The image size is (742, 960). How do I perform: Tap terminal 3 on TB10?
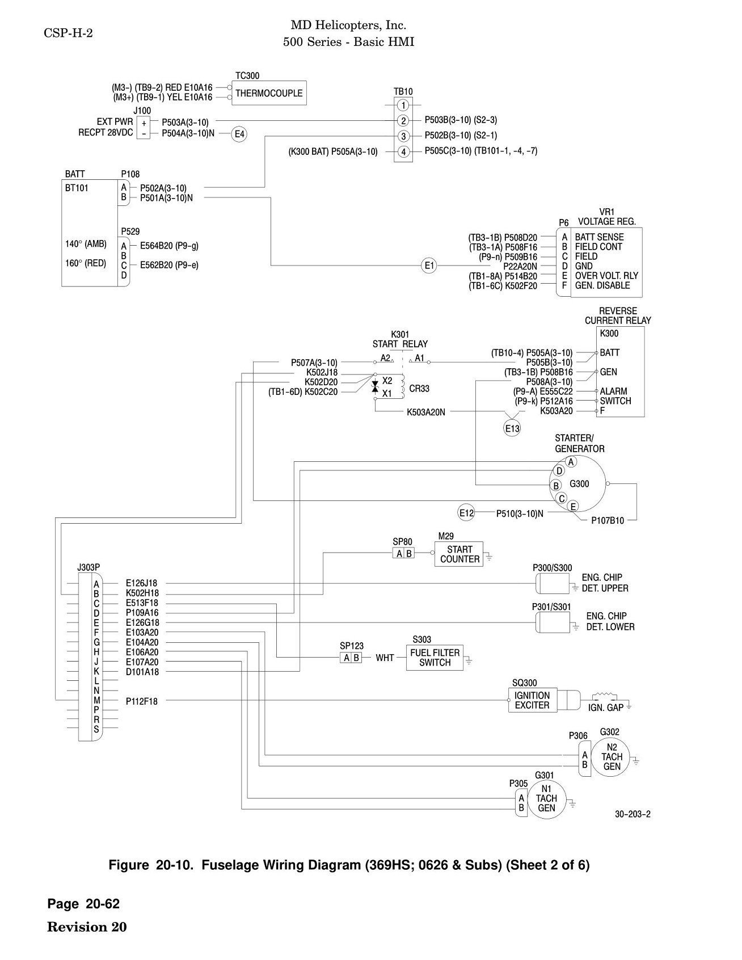pyautogui.click(x=403, y=136)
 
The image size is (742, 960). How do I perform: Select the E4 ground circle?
pyautogui.click(x=240, y=134)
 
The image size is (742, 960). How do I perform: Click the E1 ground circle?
pyautogui.click(x=429, y=265)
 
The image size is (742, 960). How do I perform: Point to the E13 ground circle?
pyautogui.click(x=512, y=428)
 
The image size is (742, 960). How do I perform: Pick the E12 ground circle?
pyautogui.click(x=466, y=513)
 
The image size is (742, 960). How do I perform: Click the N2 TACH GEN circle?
pyautogui.click(x=612, y=757)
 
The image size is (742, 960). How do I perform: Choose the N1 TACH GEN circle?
pyautogui.click(x=546, y=798)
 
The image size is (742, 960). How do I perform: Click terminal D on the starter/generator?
pyautogui.click(x=559, y=471)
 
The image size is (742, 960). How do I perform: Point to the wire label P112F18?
pyautogui.click(x=142, y=701)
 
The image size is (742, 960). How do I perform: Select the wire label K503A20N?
pyautogui.click(x=426, y=412)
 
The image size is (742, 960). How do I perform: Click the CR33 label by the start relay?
pyautogui.click(x=419, y=389)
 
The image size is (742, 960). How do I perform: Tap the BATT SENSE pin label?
pyautogui.click(x=599, y=237)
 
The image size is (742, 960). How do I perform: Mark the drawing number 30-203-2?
pyautogui.click(x=633, y=814)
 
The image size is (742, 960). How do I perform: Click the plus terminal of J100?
pyautogui.click(x=144, y=123)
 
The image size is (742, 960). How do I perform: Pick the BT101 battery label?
pyautogui.click(x=77, y=188)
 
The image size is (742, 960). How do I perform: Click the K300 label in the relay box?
pyautogui.click(x=609, y=334)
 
